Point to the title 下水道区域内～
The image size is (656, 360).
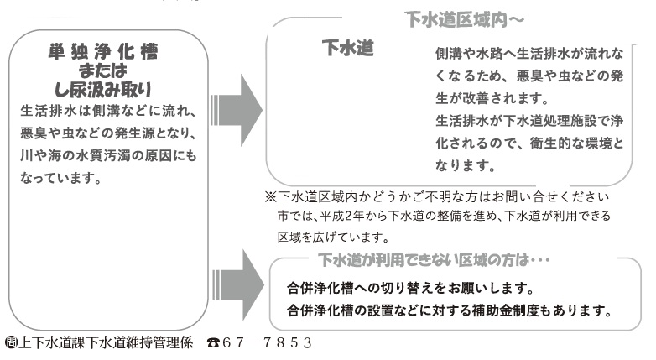click(x=455, y=17)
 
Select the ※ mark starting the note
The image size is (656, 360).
click(x=270, y=197)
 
